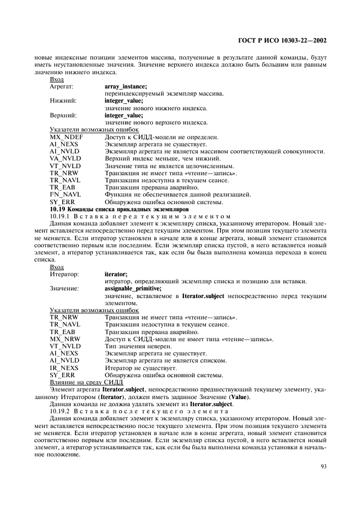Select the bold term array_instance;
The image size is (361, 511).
point(125,86)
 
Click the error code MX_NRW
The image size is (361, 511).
point(64,339)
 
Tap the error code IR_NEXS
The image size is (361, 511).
point(64,367)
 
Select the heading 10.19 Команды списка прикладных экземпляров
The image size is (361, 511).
point(119,209)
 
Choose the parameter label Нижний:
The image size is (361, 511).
point(63,101)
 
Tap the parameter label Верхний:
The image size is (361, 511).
point(63,115)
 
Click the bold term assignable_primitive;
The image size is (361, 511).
point(133,288)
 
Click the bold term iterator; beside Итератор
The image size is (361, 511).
point(115,274)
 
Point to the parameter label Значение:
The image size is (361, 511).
point(64,288)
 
